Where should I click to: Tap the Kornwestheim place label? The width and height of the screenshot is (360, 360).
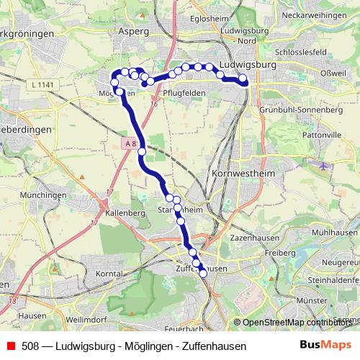pyautogui.click(x=241, y=174)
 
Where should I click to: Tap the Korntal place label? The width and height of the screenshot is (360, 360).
pyautogui.click(x=108, y=274)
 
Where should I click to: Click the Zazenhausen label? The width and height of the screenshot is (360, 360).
pyautogui.click(x=248, y=236)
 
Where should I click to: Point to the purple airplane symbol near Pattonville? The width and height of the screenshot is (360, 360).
pyautogui.click(x=324, y=166)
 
